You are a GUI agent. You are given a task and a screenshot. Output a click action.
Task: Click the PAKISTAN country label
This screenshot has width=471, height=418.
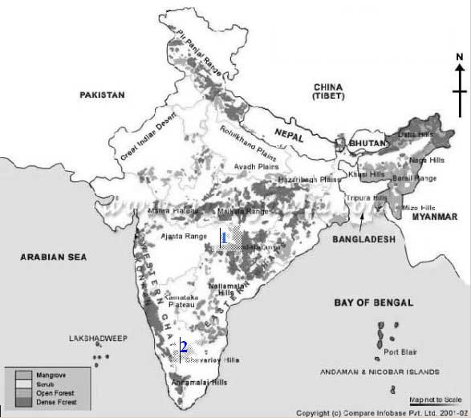coord(103,95)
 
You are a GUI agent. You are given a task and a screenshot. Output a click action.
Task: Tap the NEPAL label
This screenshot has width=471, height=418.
coord(289,136)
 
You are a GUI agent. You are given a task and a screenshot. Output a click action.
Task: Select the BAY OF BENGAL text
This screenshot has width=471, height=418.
coord(373,302)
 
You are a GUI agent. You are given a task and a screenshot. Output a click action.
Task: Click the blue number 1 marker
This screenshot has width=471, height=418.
coord(224,237)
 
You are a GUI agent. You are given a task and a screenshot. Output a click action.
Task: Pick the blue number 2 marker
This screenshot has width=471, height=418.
coord(184,347)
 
